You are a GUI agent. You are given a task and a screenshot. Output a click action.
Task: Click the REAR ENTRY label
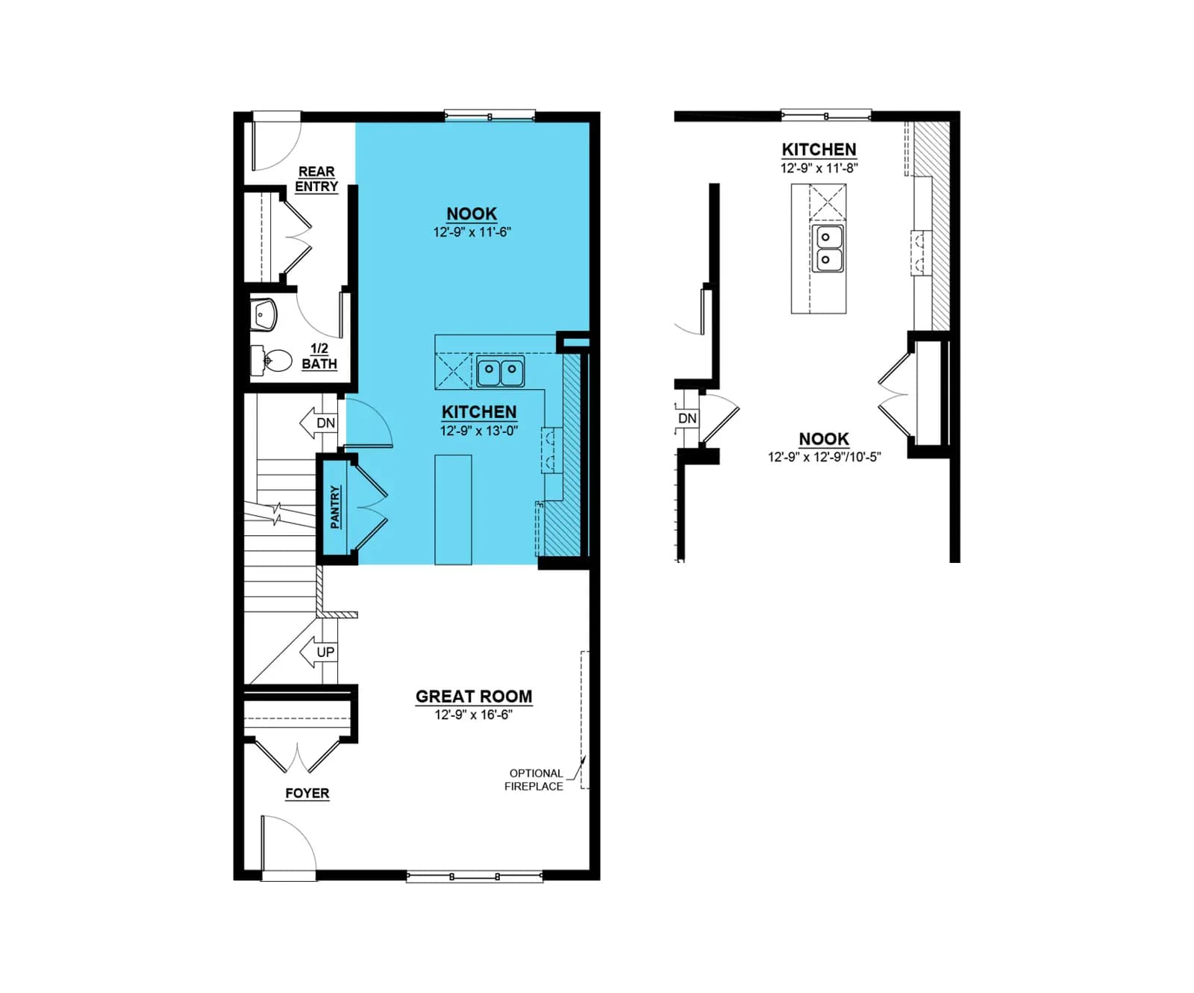point(316,179)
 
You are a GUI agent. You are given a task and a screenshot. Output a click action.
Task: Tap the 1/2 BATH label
point(319,356)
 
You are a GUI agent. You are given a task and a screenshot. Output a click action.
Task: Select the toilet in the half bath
point(271,361)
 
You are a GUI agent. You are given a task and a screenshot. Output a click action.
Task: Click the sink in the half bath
point(263,315)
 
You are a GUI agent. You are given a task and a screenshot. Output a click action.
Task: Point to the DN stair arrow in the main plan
point(318,423)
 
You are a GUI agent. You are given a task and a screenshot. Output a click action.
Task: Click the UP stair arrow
point(318,652)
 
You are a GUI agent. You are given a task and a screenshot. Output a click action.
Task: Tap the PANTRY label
point(335,507)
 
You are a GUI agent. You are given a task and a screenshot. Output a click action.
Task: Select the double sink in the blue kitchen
point(501,371)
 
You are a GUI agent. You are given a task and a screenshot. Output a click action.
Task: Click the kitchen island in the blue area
point(453,509)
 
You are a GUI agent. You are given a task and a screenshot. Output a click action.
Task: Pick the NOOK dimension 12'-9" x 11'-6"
point(472,232)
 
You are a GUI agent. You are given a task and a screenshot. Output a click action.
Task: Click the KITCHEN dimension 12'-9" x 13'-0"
point(478,431)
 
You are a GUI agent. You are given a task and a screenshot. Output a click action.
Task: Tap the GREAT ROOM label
point(474,696)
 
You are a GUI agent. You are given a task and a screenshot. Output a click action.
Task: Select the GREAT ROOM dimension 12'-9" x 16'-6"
point(473,715)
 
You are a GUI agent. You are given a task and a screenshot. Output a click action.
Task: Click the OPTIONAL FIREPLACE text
point(534,779)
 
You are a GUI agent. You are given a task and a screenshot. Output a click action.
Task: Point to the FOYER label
point(307,793)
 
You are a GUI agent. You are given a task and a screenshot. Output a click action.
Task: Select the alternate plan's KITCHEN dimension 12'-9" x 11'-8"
point(819,168)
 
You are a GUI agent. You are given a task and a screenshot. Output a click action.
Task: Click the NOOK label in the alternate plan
point(824,439)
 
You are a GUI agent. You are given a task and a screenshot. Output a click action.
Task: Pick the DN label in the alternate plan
point(687,418)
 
